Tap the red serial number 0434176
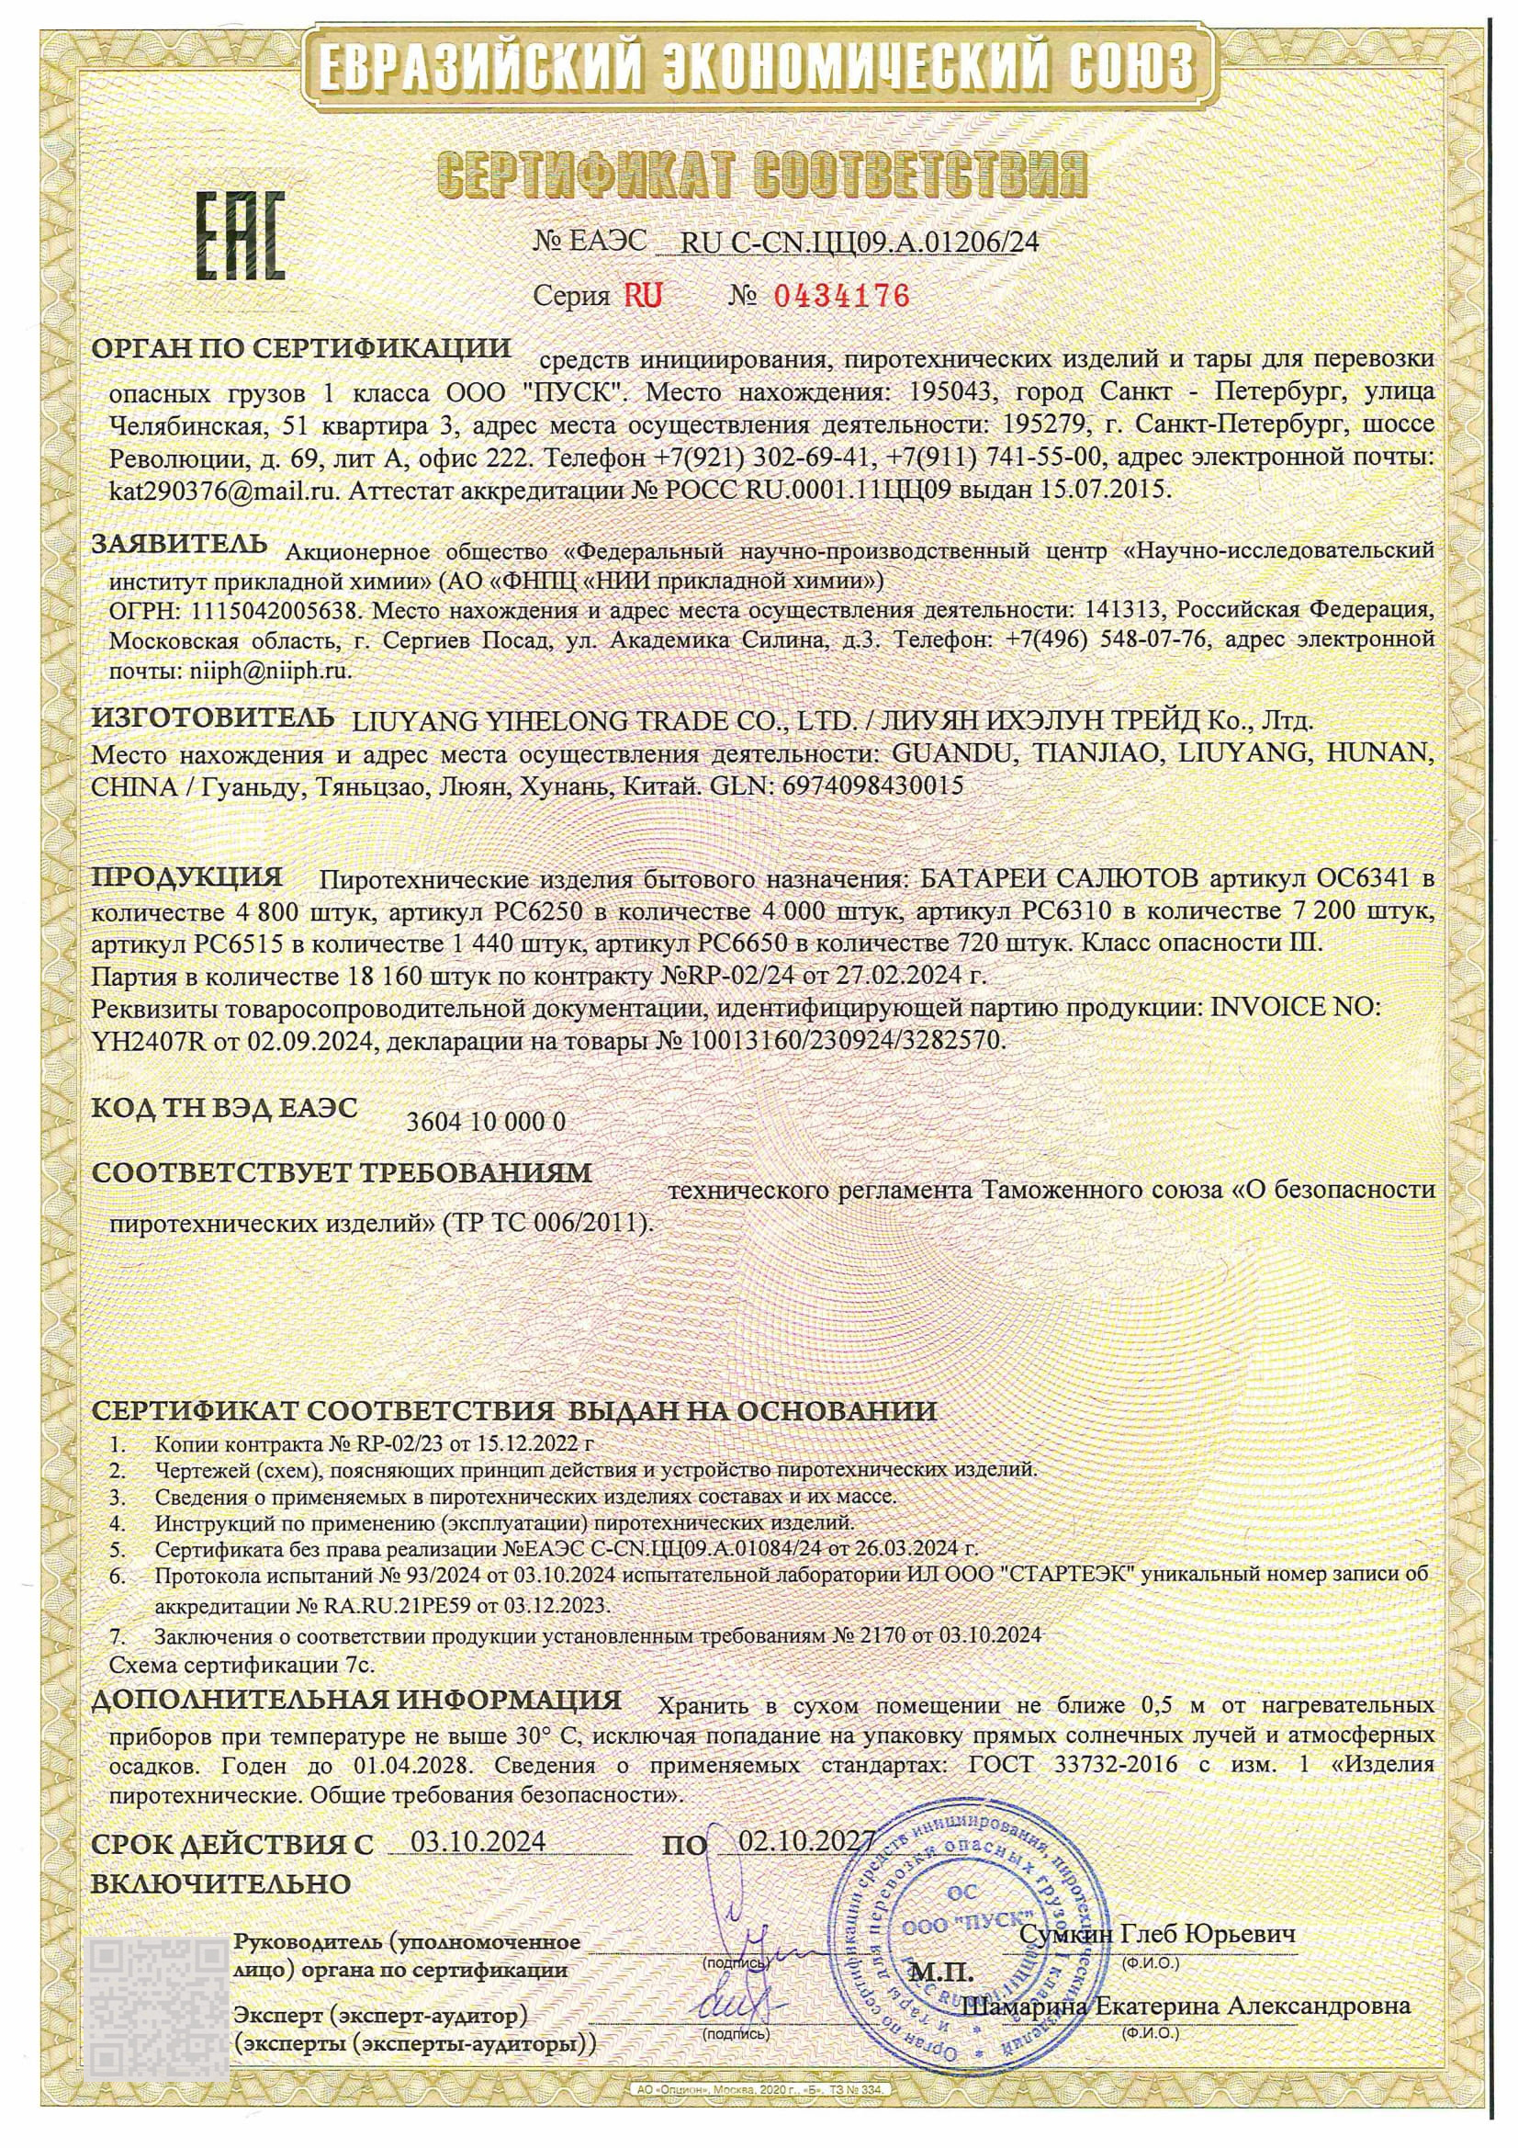pyautogui.click(x=839, y=297)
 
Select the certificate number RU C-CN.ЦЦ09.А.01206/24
pyautogui.click(x=860, y=243)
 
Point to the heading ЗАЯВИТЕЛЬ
pyautogui.click(x=180, y=545)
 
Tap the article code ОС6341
pyautogui.click(x=1360, y=879)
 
